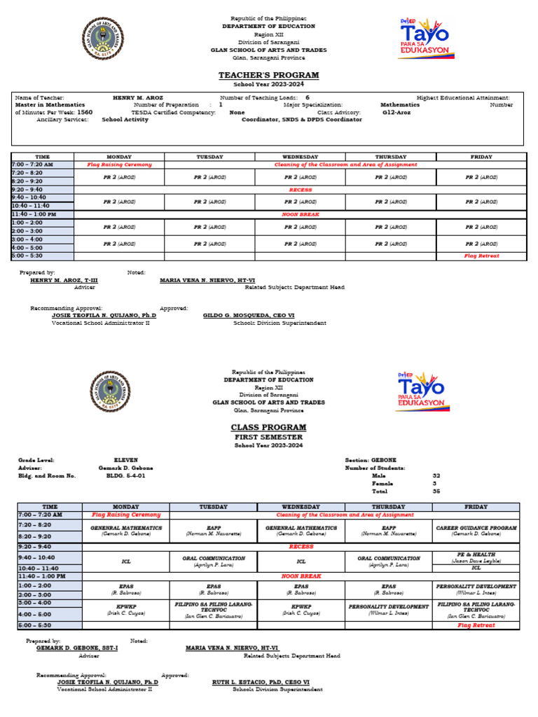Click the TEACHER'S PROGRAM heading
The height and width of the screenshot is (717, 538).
[269, 75]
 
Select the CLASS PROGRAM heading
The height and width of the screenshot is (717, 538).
[269, 427]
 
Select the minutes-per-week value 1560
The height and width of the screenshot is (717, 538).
[85, 112]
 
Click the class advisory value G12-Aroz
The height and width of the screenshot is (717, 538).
[396, 112]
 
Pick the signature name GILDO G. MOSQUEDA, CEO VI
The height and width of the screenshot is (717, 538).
[249, 316]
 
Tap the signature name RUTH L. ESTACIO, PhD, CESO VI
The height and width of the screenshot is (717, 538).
[261, 682]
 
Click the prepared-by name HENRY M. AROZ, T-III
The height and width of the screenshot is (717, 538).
[64, 280]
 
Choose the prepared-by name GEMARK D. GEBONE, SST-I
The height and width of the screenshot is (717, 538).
[77, 648]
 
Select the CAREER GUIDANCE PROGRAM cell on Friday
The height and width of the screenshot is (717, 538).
[476, 530]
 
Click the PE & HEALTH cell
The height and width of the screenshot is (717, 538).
[476, 557]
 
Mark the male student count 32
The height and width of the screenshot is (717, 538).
[436, 475]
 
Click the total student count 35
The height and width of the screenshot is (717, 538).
[436, 492]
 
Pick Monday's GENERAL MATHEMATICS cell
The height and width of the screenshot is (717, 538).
[126, 530]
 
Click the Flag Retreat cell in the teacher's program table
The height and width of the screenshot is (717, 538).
[481, 256]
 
